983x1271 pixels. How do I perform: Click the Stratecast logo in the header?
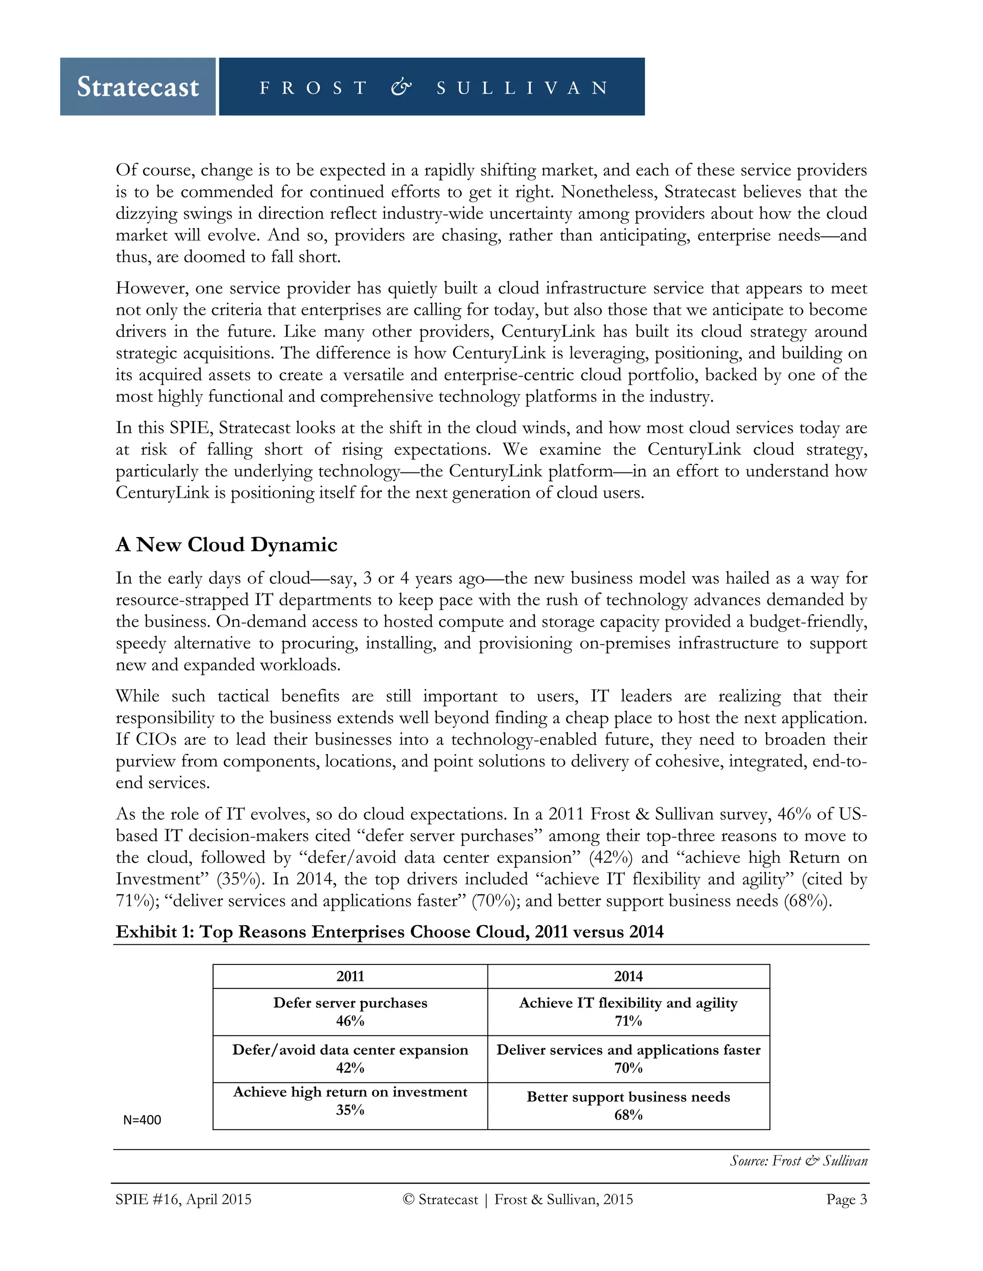(x=138, y=87)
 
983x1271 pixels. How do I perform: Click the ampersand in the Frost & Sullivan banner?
(x=401, y=87)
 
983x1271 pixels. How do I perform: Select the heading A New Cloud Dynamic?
(x=227, y=545)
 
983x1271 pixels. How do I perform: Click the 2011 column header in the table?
(x=350, y=977)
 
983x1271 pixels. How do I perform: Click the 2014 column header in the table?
(x=628, y=977)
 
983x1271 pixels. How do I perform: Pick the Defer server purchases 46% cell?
(x=350, y=1012)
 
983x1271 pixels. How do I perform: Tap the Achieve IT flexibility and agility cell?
(x=628, y=1012)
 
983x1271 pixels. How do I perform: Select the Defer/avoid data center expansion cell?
(x=350, y=1059)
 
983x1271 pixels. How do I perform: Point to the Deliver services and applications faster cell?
(x=628, y=1059)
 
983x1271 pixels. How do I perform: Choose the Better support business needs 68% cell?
(x=628, y=1106)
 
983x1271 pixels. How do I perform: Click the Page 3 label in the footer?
(x=846, y=1200)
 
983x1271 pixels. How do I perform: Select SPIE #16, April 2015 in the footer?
(x=183, y=1200)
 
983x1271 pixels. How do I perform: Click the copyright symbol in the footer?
(x=408, y=1200)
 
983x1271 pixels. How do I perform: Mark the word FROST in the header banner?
(x=313, y=88)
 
